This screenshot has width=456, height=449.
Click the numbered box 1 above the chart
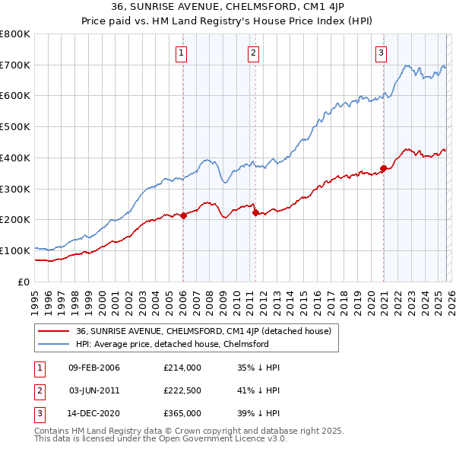(182, 53)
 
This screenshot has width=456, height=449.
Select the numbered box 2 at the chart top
(253, 53)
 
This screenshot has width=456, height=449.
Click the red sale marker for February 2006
(183, 215)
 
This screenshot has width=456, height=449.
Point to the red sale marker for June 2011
(255, 212)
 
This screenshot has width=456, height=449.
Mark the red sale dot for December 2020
(383, 168)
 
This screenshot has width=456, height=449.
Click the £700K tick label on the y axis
(15, 65)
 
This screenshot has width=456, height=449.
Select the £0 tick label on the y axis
(24, 282)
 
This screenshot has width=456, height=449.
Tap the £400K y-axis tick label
(15, 158)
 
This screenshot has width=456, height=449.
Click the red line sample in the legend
(54, 332)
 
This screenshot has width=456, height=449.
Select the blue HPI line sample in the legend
(54, 345)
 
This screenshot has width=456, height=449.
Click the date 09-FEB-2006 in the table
(94, 368)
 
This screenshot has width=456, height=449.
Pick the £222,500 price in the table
(182, 390)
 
